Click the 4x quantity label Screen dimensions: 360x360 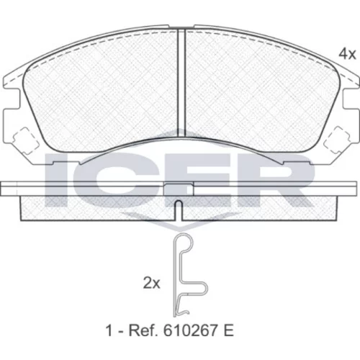[347, 54]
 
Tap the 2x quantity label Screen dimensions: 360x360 [151, 283]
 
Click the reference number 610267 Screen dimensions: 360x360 [192, 330]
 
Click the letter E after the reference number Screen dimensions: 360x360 [229, 330]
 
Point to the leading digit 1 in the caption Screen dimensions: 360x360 [109, 330]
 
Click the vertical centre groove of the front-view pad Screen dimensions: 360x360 [181, 83]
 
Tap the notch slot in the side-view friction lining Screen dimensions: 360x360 [179, 210]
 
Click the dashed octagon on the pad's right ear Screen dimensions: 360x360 [337, 140]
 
